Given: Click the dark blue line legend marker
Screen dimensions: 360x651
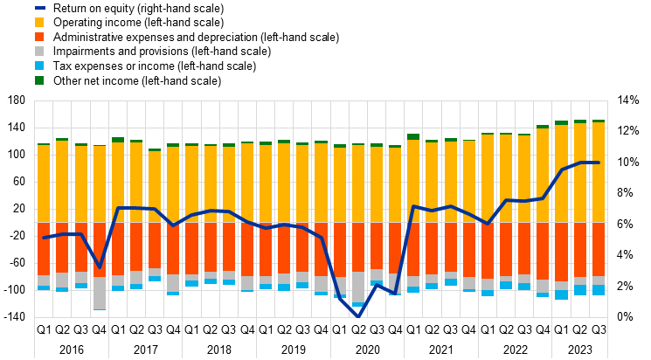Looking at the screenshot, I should [39, 8].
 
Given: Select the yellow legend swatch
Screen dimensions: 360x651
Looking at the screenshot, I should [39, 22].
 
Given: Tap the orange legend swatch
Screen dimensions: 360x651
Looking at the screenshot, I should [39, 37].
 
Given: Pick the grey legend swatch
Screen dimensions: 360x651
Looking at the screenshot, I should [39, 51].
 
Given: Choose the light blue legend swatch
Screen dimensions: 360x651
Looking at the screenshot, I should [39, 66].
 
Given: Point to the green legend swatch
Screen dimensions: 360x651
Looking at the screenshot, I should [39, 80].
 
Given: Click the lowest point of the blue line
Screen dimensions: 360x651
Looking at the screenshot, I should [358, 315].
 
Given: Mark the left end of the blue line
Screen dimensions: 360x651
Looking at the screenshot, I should [44, 237].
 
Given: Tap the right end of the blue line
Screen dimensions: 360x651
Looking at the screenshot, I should [599, 163].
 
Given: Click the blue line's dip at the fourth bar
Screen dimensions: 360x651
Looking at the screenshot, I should [100, 266].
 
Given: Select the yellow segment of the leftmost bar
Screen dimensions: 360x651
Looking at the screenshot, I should [44, 183].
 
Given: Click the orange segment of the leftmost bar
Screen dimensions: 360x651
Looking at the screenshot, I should [44, 249].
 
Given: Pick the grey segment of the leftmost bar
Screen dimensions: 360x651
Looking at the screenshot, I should [44, 280].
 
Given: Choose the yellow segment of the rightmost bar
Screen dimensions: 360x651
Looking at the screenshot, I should [599, 172].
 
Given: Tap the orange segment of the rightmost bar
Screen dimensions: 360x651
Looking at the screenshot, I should [599, 249].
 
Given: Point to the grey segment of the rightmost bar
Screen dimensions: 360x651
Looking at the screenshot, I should [599, 280].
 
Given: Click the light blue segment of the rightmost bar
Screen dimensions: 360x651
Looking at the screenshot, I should [599, 290].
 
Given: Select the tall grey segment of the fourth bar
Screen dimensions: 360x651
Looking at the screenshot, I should [100, 293].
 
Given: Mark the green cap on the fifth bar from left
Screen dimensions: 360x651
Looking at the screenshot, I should [118, 140].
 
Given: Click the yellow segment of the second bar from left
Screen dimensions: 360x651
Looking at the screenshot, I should [62, 182].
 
